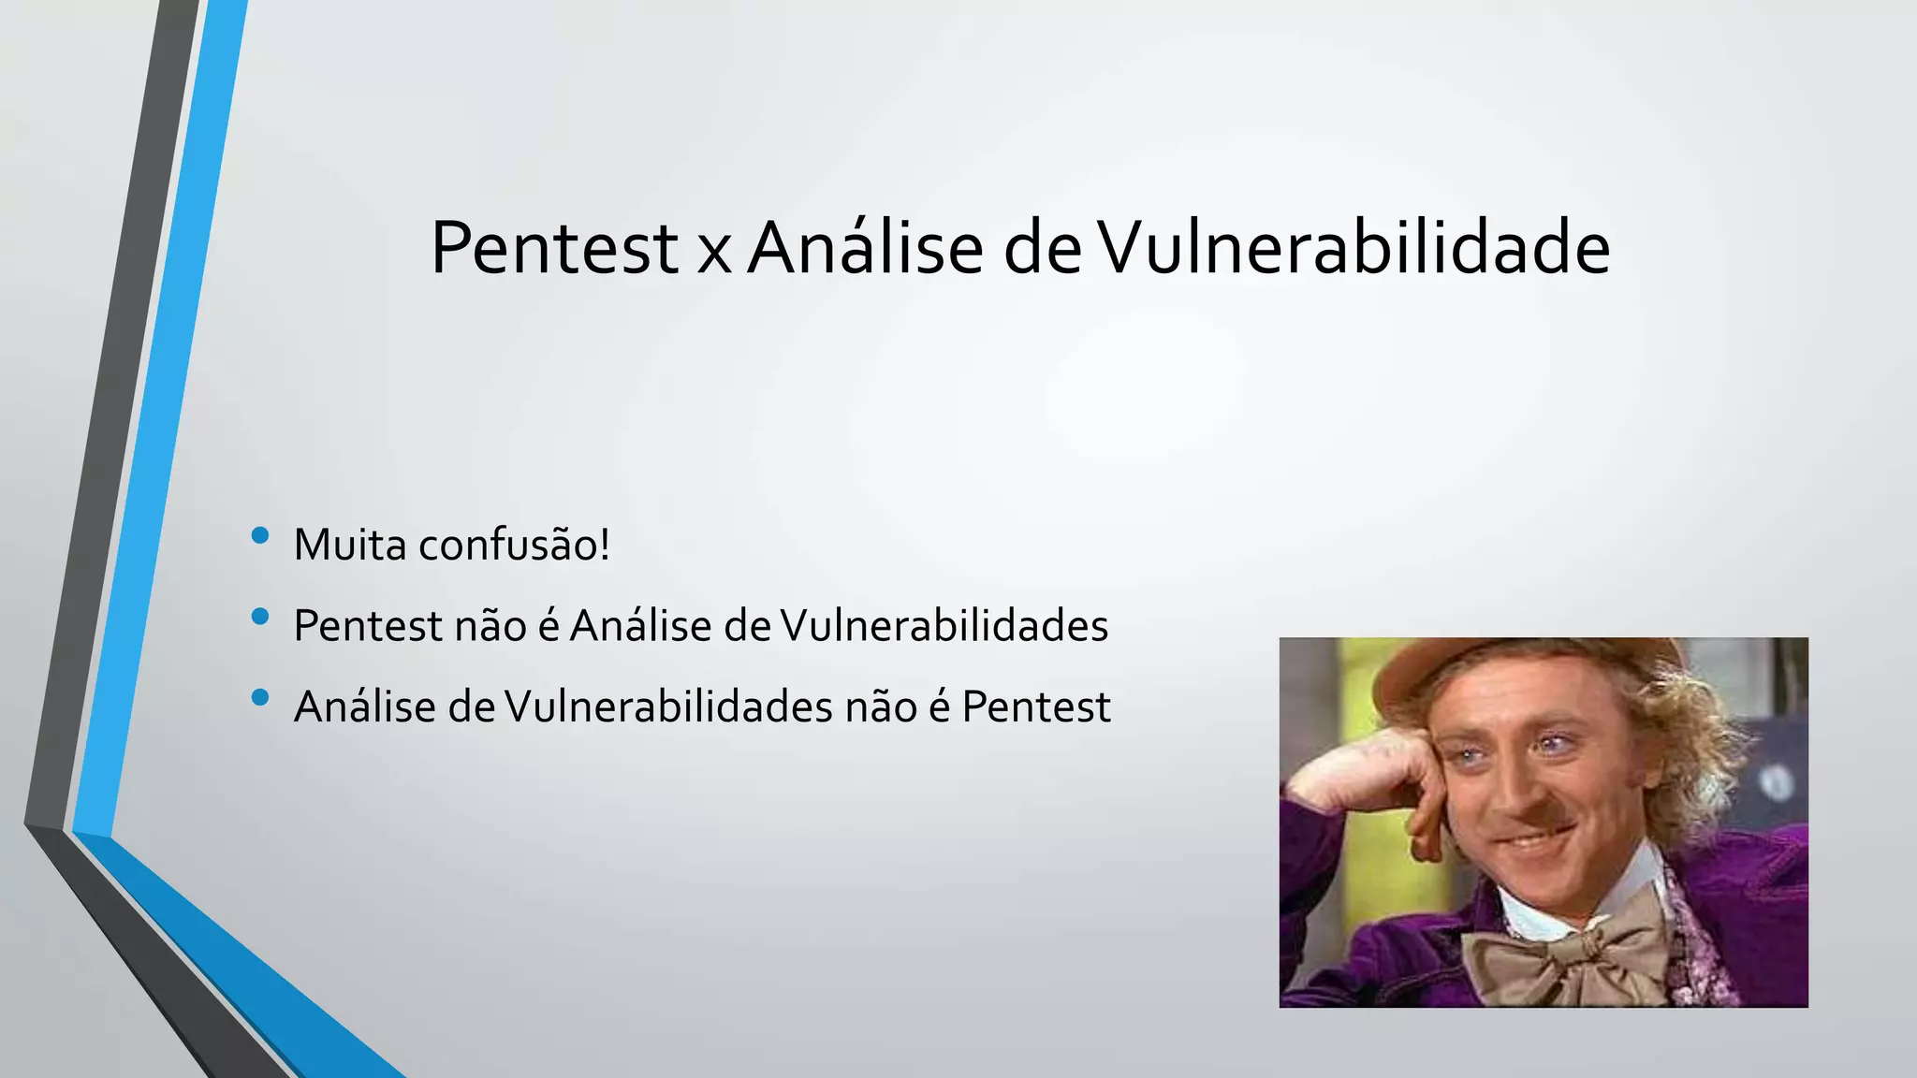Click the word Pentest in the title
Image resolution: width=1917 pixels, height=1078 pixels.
coord(553,248)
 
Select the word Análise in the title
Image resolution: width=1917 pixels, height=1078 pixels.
coord(865,248)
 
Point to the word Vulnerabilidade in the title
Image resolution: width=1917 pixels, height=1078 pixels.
coord(1354,248)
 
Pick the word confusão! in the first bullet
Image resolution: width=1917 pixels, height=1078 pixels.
coord(514,545)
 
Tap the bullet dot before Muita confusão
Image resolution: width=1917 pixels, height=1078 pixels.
coord(260,535)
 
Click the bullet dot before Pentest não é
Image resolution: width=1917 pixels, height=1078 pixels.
coord(260,617)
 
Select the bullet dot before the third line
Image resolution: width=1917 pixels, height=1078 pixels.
coord(260,697)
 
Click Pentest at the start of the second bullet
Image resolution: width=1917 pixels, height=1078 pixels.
coord(367,626)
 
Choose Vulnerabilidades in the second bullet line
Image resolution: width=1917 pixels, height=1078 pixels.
coord(944,626)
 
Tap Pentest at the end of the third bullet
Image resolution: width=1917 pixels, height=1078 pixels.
coord(1035,707)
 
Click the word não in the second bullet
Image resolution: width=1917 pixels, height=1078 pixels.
coord(490,626)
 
